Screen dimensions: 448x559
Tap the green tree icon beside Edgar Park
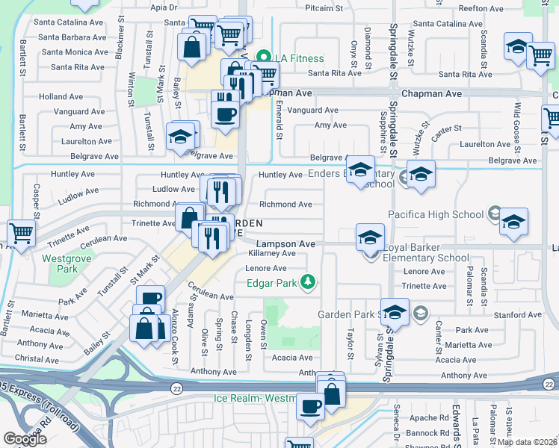306,281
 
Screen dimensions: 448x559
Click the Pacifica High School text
436,214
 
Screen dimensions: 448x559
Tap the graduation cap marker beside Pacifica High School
513,223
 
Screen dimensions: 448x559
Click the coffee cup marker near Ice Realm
310,407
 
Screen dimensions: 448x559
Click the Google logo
25,439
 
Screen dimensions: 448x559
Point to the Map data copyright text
527,442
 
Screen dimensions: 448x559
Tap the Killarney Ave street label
271,254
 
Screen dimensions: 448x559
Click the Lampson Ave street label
285,244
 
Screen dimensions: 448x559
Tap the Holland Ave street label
61,97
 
